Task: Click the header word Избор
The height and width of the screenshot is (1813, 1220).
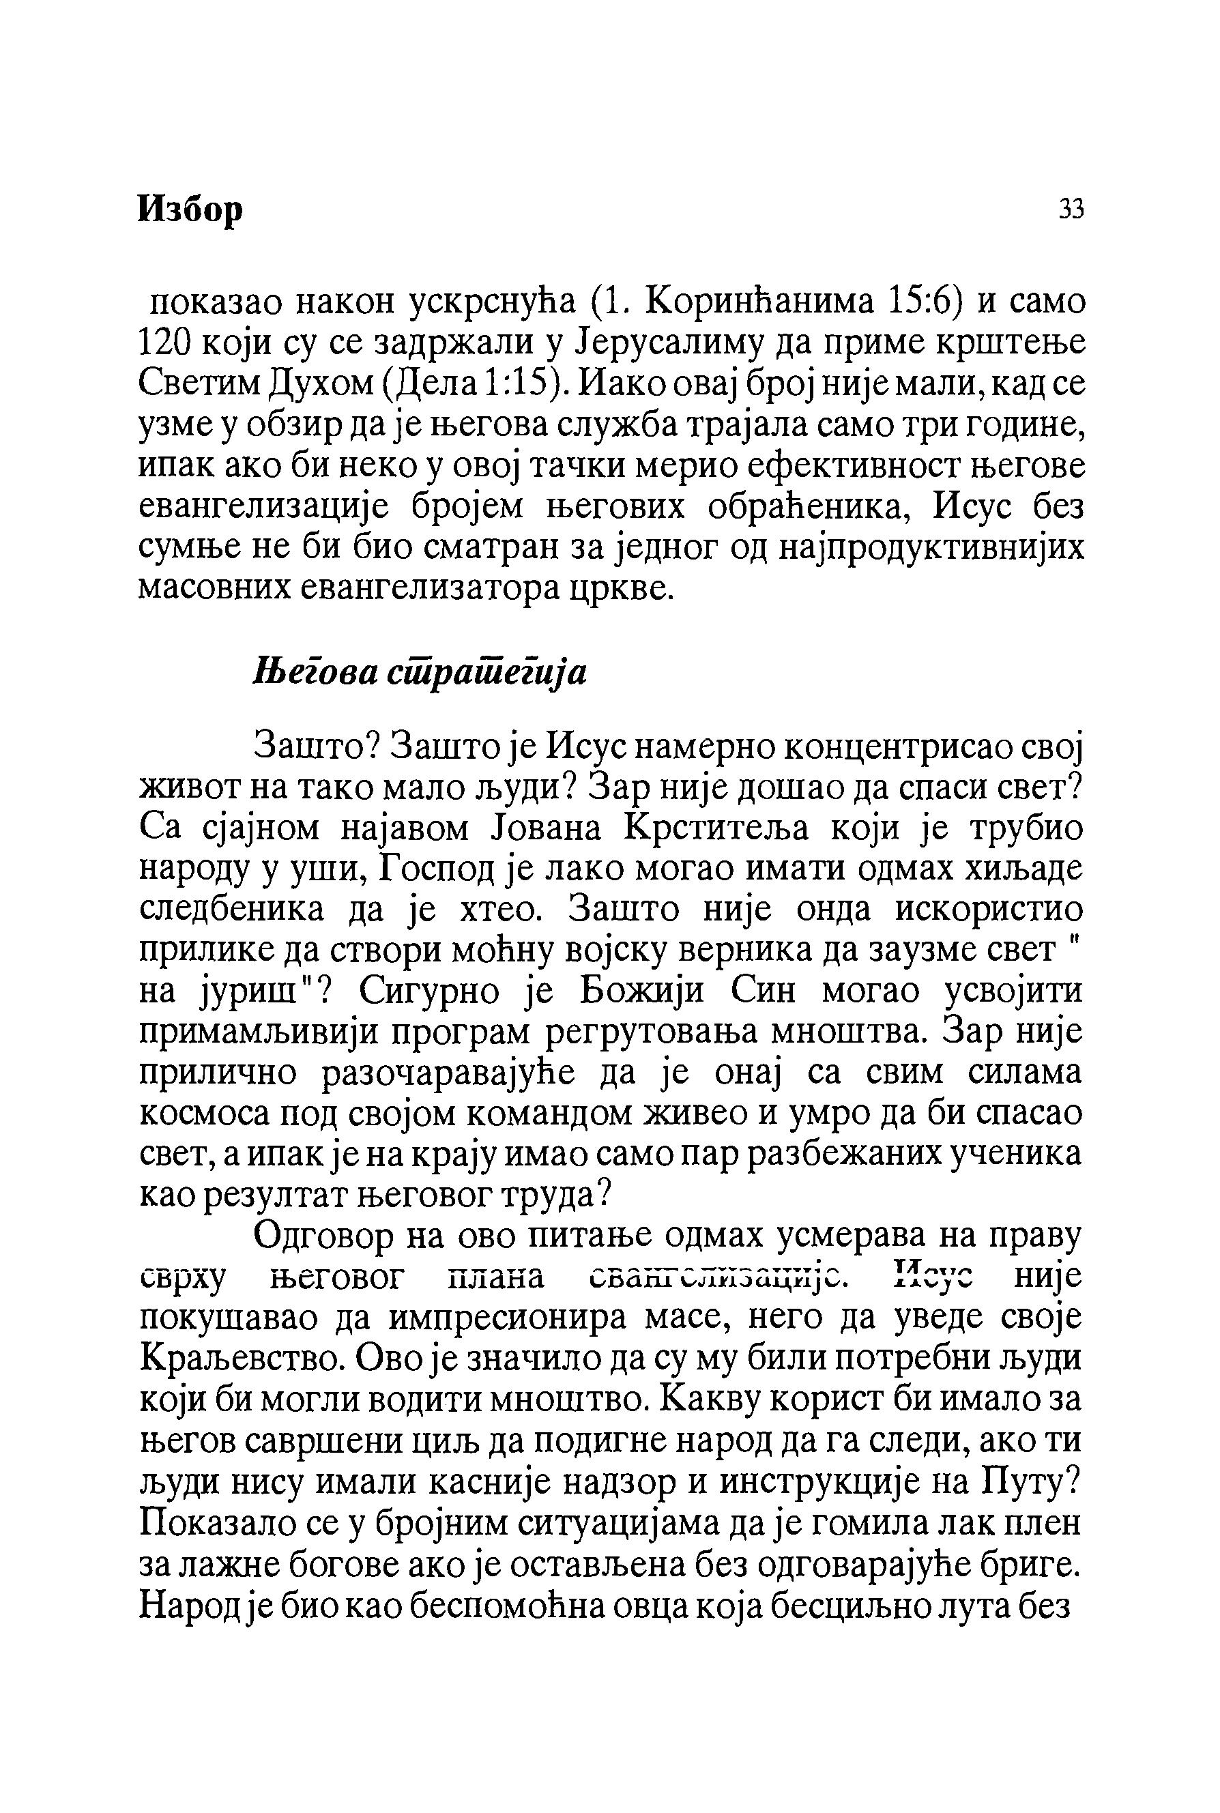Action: coord(190,209)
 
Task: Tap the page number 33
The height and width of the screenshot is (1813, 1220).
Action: coord(1071,209)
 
